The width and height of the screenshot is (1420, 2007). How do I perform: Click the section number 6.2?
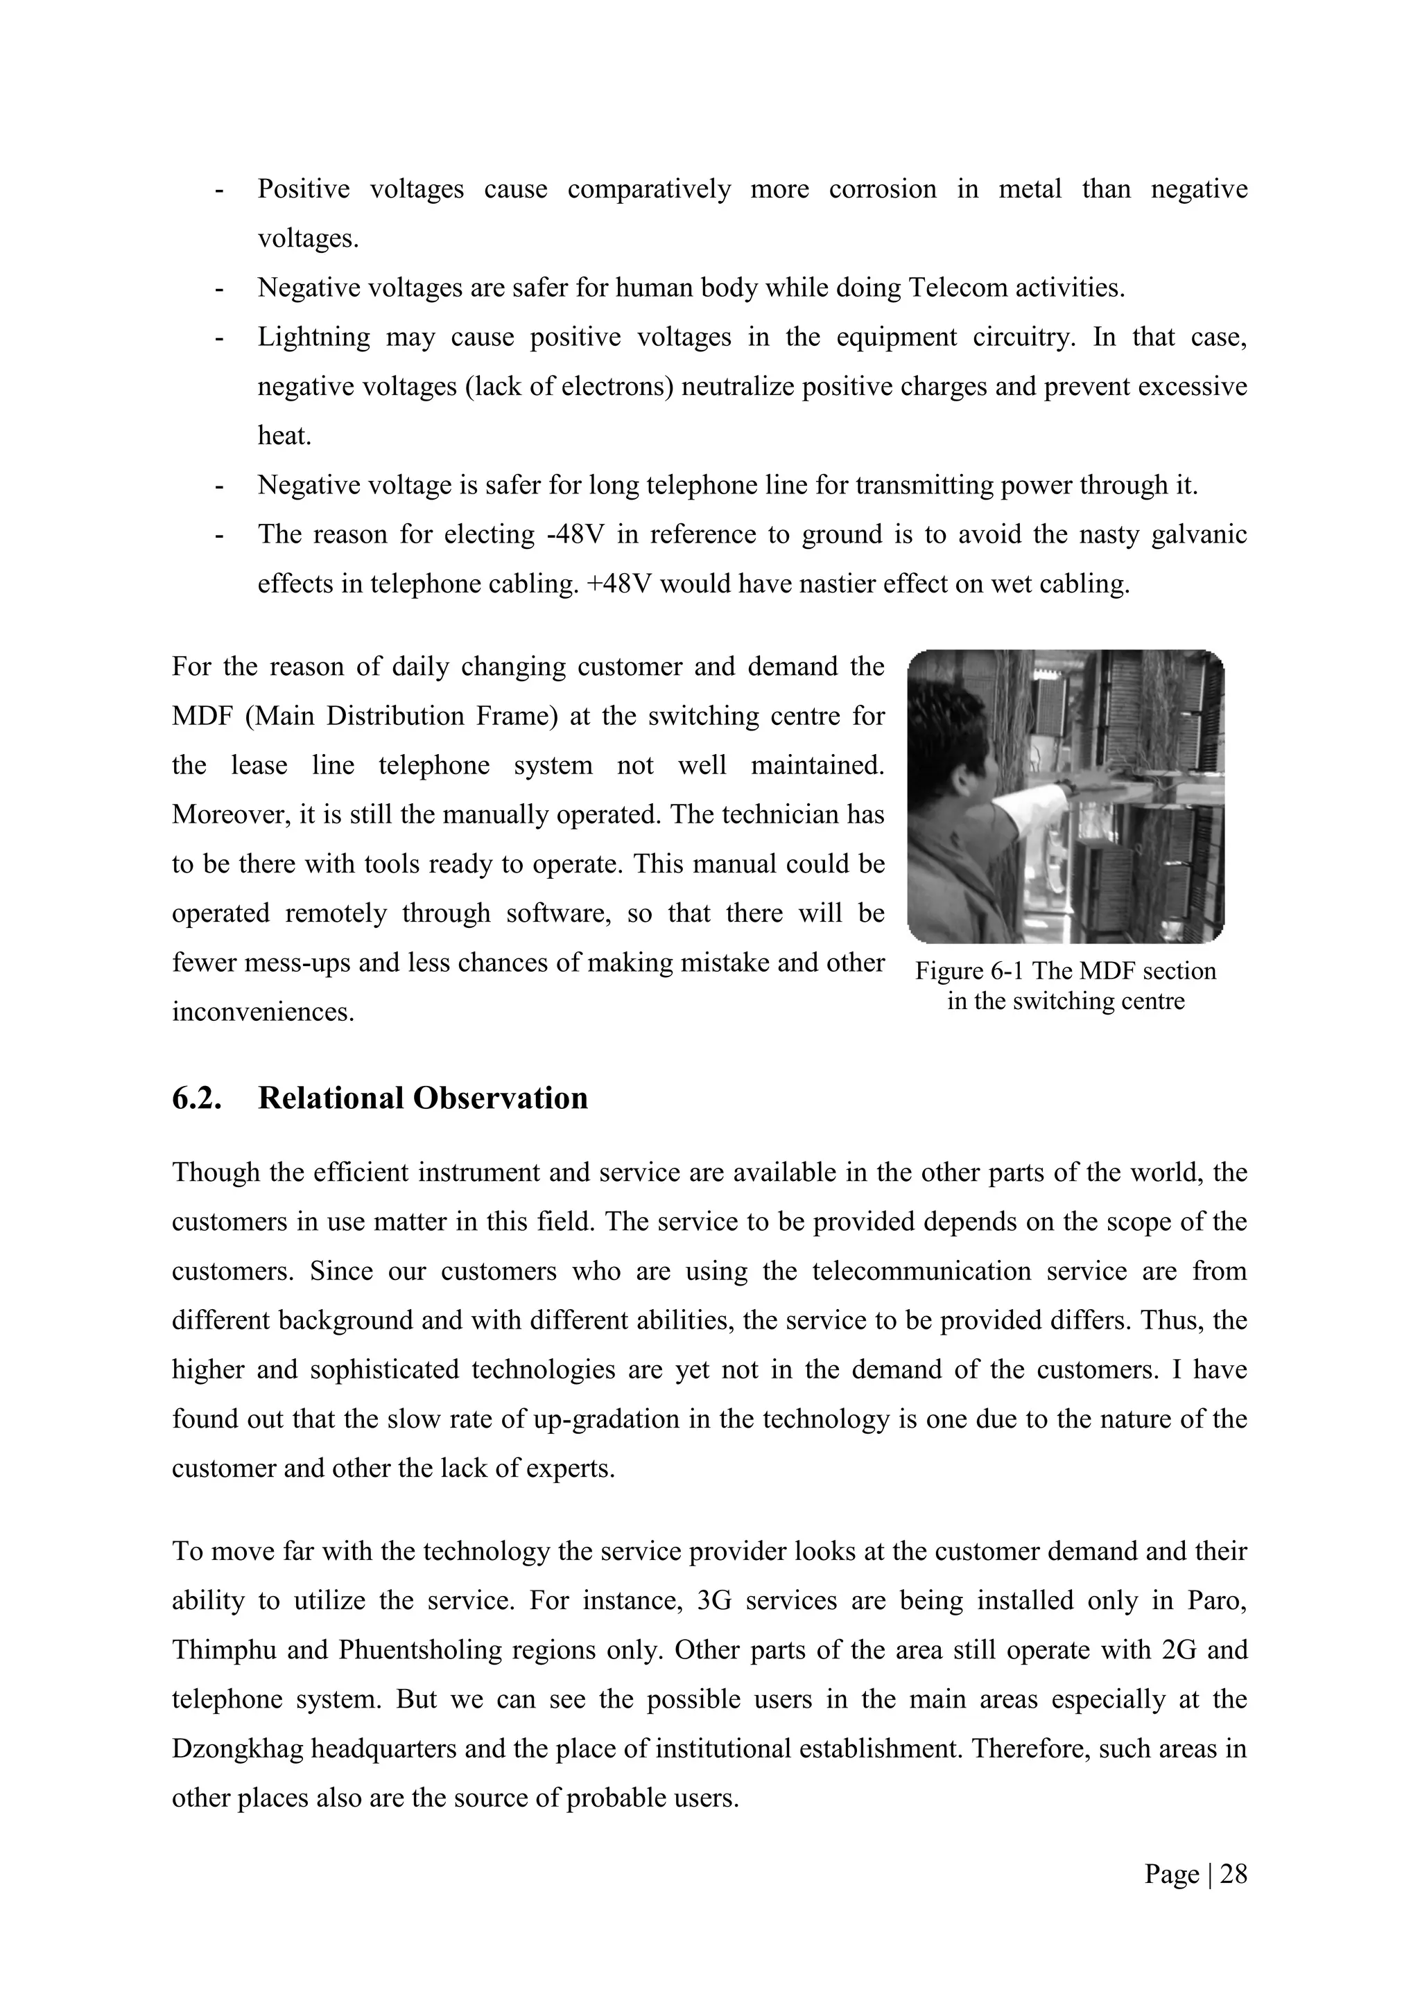tap(197, 1098)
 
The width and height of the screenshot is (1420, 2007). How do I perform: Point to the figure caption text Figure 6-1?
tap(965, 971)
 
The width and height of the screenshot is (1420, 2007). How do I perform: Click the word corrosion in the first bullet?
tap(882, 189)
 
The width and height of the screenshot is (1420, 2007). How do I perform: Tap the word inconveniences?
tap(262, 1013)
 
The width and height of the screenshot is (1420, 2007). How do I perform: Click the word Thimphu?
tap(222, 1650)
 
